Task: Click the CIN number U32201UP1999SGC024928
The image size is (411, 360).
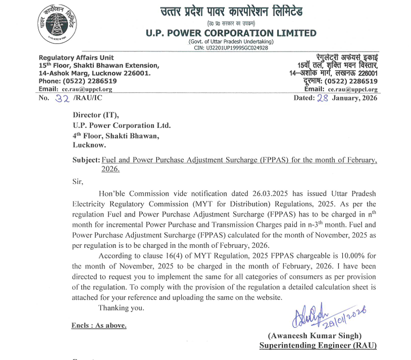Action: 231,48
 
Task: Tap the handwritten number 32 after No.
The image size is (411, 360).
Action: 63,98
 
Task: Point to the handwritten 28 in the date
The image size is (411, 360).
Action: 322,98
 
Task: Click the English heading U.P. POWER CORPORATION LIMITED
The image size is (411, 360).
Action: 231,33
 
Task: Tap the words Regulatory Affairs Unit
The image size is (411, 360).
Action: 76,58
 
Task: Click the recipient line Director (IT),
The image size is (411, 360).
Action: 95,116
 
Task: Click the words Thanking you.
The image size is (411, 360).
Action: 121,307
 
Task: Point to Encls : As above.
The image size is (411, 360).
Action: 98,325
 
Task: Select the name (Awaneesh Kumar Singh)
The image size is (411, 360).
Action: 315,336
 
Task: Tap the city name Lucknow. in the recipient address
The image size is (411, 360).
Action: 89,145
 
